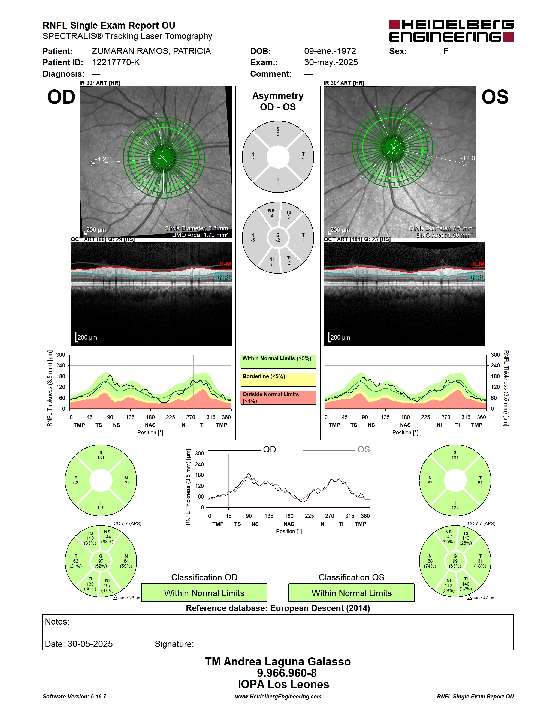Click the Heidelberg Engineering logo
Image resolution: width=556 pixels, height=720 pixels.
coord(451,31)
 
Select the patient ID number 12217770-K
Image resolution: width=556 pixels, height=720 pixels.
coord(116,62)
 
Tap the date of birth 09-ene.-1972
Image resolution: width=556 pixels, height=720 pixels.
coord(330,51)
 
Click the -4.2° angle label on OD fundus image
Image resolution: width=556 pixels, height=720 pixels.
coord(102,159)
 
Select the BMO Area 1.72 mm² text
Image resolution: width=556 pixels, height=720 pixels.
coord(200,235)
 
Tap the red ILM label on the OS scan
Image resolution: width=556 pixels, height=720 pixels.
coord(479,264)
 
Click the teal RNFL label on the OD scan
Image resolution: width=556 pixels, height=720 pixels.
coord(223,278)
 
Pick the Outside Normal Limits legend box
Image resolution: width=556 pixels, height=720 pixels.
coord(278,398)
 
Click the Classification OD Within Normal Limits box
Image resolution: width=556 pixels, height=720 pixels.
coord(204,593)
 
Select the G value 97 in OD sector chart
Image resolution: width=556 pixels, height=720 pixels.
coord(101,561)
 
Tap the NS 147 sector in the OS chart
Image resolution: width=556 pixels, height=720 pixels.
coord(448,537)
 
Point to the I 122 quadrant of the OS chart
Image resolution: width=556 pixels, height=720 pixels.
coord(455,505)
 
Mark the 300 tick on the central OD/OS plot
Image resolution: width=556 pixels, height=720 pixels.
coord(199,454)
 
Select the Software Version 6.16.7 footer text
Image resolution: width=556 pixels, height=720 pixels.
coord(74,697)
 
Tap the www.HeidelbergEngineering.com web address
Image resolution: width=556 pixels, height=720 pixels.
coord(278,697)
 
